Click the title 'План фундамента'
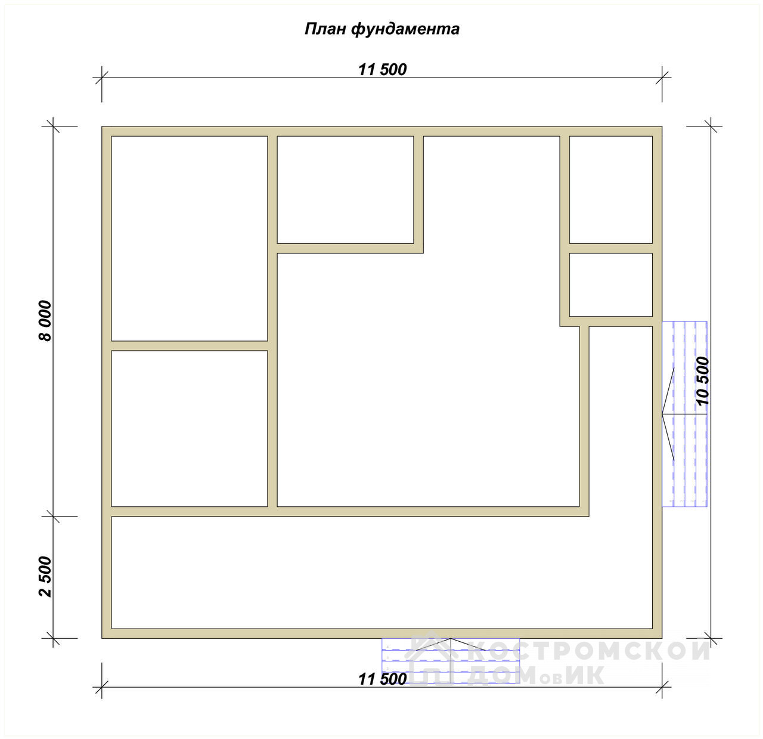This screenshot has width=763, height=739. pyautogui.click(x=382, y=29)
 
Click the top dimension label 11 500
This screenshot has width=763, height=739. pyautogui.click(x=382, y=70)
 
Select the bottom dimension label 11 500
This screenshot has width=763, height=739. pyautogui.click(x=382, y=679)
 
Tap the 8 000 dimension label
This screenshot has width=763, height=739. pyautogui.click(x=45, y=321)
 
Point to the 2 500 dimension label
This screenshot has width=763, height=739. pyautogui.click(x=45, y=577)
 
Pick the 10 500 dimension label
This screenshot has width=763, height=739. pyautogui.click(x=702, y=381)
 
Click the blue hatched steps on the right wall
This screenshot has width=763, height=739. pyautogui.click(x=684, y=414)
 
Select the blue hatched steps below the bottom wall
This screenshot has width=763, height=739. pyautogui.click(x=451, y=661)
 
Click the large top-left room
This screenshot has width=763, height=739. pyautogui.click(x=190, y=239)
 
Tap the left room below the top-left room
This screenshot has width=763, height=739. pyautogui.click(x=190, y=429)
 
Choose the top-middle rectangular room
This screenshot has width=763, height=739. pyautogui.click(x=345, y=190)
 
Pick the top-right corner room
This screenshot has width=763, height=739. pyautogui.click(x=611, y=190)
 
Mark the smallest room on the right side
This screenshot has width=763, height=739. pyautogui.click(x=611, y=285)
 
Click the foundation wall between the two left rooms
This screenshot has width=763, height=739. pyautogui.click(x=190, y=346)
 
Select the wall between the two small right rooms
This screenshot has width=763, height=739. pyautogui.click(x=611, y=248)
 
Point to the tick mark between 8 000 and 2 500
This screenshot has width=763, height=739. pyautogui.click(x=53, y=517)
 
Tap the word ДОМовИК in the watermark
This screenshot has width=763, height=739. pyautogui.click(x=535, y=675)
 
